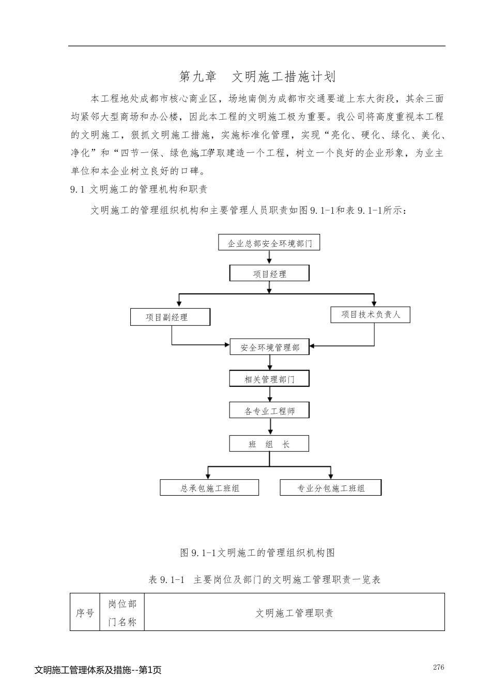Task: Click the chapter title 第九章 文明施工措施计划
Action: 257,77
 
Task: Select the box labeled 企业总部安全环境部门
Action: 270,243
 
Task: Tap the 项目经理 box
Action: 269,274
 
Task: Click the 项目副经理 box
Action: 170,317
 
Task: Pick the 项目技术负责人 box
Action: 370,314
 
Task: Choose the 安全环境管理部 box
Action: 270,348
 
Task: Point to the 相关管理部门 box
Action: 269,379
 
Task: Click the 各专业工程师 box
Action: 269,411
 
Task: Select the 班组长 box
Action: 269,444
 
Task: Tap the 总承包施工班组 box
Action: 209,488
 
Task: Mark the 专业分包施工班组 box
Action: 330,488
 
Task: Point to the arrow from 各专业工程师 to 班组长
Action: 270,427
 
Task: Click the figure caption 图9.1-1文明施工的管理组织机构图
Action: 257,553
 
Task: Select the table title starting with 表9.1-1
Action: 264,580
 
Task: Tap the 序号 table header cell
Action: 85,613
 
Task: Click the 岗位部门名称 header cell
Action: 122,613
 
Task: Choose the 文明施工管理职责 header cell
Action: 294,613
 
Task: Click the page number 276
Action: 438,667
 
